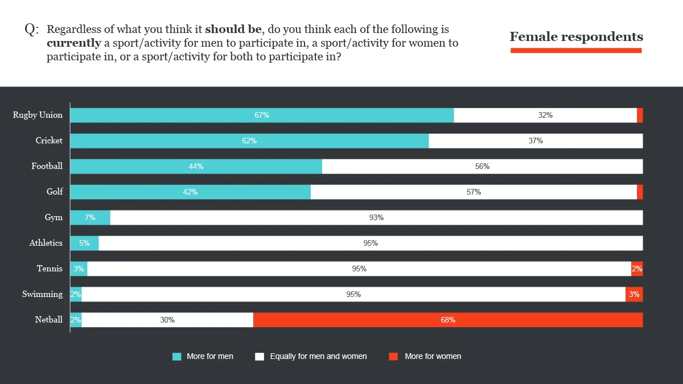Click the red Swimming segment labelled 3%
pyautogui.click(x=634, y=294)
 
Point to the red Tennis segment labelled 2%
pyautogui.click(x=637, y=269)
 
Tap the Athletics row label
pyautogui.click(x=46, y=243)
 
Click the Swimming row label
pyautogui.click(x=43, y=294)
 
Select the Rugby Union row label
pyautogui.click(x=38, y=115)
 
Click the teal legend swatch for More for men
pyautogui.click(x=177, y=357)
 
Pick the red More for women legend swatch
pyautogui.click(x=393, y=357)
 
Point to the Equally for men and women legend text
pyautogui.click(x=318, y=357)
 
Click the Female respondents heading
pyautogui.click(x=576, y=37)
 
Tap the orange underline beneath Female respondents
pyautogui.click(x=576, y=51)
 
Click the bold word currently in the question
pyautogui.click(x=73, y=43)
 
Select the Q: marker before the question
pyautogui.click(x=31, y=30)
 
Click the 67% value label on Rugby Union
pyautogui.click(x=262, y=115)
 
